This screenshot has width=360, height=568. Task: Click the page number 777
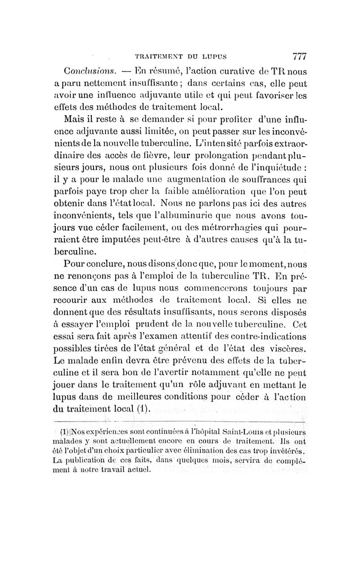tap(299, 57)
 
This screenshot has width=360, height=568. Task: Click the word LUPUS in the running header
tap(213, 57)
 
